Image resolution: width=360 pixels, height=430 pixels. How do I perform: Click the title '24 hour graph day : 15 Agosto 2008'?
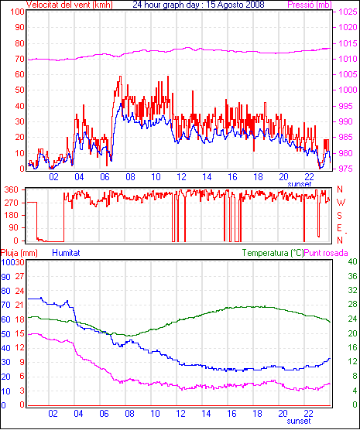(x=198, y=5)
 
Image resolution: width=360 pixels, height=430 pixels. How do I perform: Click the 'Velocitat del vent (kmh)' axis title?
(x=70, y=5)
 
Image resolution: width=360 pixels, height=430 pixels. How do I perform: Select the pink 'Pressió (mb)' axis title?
(x=310, y=5)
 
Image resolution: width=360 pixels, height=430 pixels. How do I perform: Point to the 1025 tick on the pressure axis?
(x=348, y=12)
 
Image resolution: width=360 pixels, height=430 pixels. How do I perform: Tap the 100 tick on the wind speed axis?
(x=18, y=12)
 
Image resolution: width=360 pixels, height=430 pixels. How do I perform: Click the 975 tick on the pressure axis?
(x=347, y=169)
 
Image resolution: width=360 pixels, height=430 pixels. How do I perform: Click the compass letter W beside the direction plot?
(x=341, y=203)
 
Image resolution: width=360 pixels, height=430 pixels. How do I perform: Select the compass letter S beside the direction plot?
(x=339, y=216)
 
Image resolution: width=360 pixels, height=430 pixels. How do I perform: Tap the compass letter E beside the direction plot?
(x=339, y=228)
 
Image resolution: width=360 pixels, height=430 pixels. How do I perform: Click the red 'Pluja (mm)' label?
(x=19, y=253)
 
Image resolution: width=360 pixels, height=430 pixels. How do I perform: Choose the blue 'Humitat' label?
(x=66, y=253)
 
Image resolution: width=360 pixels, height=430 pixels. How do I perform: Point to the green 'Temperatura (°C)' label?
(x=273, y=253)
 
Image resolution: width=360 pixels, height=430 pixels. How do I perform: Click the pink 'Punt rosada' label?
(x=326, y=253)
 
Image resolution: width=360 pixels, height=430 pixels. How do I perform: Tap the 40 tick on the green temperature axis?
(x=352, y=261)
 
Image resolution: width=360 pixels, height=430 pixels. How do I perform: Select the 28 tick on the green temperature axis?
(x=352, y=305)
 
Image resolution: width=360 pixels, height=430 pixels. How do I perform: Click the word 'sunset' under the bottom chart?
(x=299, y=421)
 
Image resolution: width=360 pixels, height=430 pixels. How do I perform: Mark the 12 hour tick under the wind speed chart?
(x=181, y=177)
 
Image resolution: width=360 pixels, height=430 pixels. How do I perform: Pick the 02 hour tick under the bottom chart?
(x=53, y=413)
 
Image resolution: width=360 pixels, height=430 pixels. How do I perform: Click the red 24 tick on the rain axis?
(x=19, y=291)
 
